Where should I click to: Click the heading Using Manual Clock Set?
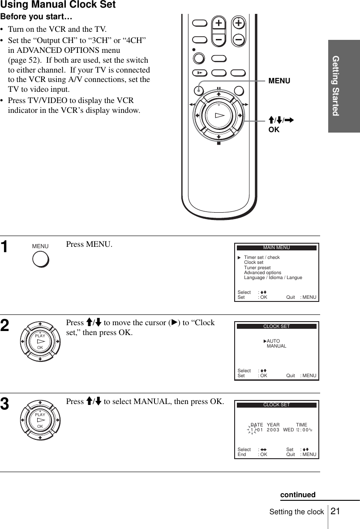(x=58, y=5)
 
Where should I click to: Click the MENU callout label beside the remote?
(x=279, y=81)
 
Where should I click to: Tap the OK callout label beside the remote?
(x=274, y=130)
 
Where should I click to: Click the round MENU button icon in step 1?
(x=40, y=259)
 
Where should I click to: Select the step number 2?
(x=5, y=326)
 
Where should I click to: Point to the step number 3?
(x=5, y=405)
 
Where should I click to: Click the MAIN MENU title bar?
(x=276, y=248)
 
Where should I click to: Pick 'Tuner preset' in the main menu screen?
(x=257, y=268)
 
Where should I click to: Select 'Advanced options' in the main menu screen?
(x=262, y=273)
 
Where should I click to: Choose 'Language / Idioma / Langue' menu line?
(x=273, y=278)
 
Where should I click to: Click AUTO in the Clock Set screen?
(x=273, y=341)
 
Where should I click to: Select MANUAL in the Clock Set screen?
(x=276, y=346)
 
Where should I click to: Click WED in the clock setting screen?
(x=288, y=430)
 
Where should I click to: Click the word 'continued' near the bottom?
(x=298, y=495)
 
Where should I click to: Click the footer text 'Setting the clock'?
(x=296, y=512)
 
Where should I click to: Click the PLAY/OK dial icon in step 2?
(x=40, y=341)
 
